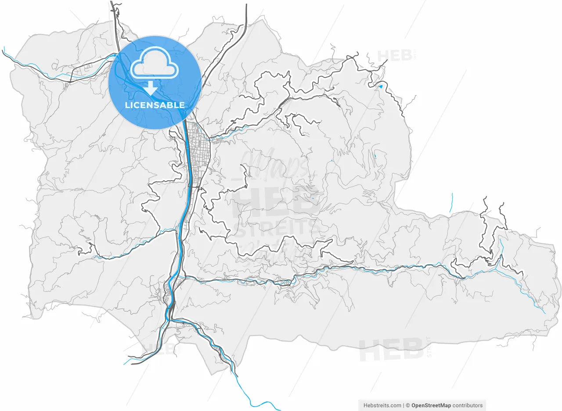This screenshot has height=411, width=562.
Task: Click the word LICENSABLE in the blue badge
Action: [155, 105]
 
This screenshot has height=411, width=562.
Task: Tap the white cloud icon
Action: [155, 67]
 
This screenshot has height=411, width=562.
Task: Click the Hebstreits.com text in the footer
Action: [382, 405]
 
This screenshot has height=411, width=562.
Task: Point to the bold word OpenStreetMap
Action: [431, 405]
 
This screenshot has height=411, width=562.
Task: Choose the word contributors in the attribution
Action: [467, 405]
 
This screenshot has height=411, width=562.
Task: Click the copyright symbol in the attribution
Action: [408, 405]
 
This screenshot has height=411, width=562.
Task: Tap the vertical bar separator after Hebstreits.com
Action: [403, 405]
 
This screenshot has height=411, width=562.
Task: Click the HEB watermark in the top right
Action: [395, 55]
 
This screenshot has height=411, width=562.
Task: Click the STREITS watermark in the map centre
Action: [277, 229]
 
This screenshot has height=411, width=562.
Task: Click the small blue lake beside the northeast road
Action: [380, 87]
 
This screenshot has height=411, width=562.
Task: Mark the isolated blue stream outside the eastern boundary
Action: [451, 203]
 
